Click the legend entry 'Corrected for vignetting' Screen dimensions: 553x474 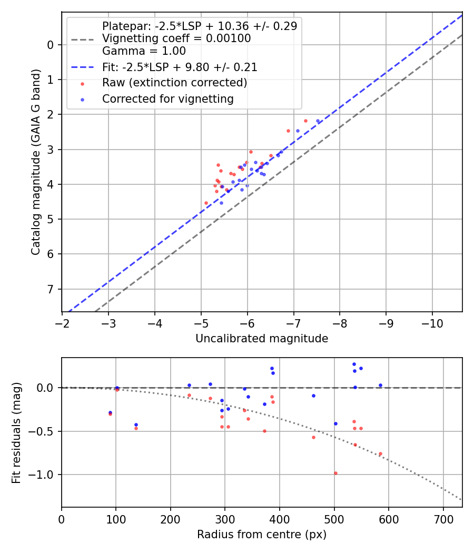pos(167,98)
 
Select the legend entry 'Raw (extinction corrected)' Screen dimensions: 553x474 pos(174,83)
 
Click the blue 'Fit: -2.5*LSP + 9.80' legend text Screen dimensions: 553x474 pos(180,67)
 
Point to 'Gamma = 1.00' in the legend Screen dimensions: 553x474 pos(144,52)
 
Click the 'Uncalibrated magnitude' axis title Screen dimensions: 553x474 pos(262,339)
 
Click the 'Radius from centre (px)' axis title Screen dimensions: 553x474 pos(262,535)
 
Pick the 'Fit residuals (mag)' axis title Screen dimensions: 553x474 pos(16,432)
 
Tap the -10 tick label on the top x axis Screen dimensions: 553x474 pos(432,322)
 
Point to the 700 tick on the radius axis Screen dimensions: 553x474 pos(443,518)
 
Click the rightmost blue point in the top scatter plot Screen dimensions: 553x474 pos(318,121)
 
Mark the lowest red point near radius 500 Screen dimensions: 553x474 pos(335,473)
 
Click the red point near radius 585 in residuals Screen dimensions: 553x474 pos(380,453)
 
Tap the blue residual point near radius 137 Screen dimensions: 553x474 pos(136,424)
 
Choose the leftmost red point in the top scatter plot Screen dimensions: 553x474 pos(206,203)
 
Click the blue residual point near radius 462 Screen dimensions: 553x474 pos(313,396)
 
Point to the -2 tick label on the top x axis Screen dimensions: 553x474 pos(62,322)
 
